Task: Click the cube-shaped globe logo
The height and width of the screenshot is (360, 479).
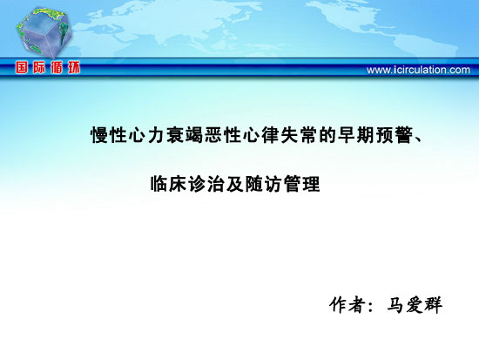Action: click(44, 33)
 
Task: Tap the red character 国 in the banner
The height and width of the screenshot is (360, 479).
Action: click(22, 67)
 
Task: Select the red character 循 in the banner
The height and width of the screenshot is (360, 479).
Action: click(57, 67)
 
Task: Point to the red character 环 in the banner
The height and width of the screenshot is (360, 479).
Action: click(74, 67)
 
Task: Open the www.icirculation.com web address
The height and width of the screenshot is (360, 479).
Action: click(418, 70)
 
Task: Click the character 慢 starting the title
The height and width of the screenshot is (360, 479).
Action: click(100, 135)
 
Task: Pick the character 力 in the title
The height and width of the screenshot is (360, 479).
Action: click(157, 135)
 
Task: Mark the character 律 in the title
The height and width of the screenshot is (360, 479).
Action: click(271, 135)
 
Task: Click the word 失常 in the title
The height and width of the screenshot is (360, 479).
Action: click(299, 135)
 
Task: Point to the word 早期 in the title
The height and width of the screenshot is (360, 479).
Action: click(356, 135)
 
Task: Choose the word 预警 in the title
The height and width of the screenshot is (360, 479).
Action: click(394, 135)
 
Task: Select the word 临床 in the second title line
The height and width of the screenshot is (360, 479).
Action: click(169, 184)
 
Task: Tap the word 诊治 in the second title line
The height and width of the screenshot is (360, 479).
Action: click(206, 184)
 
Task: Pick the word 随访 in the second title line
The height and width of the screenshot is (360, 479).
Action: click(264, 184)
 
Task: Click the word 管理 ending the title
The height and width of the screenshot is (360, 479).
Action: click(302, 184)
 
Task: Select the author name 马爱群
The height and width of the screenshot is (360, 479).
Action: click(415, 304)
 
